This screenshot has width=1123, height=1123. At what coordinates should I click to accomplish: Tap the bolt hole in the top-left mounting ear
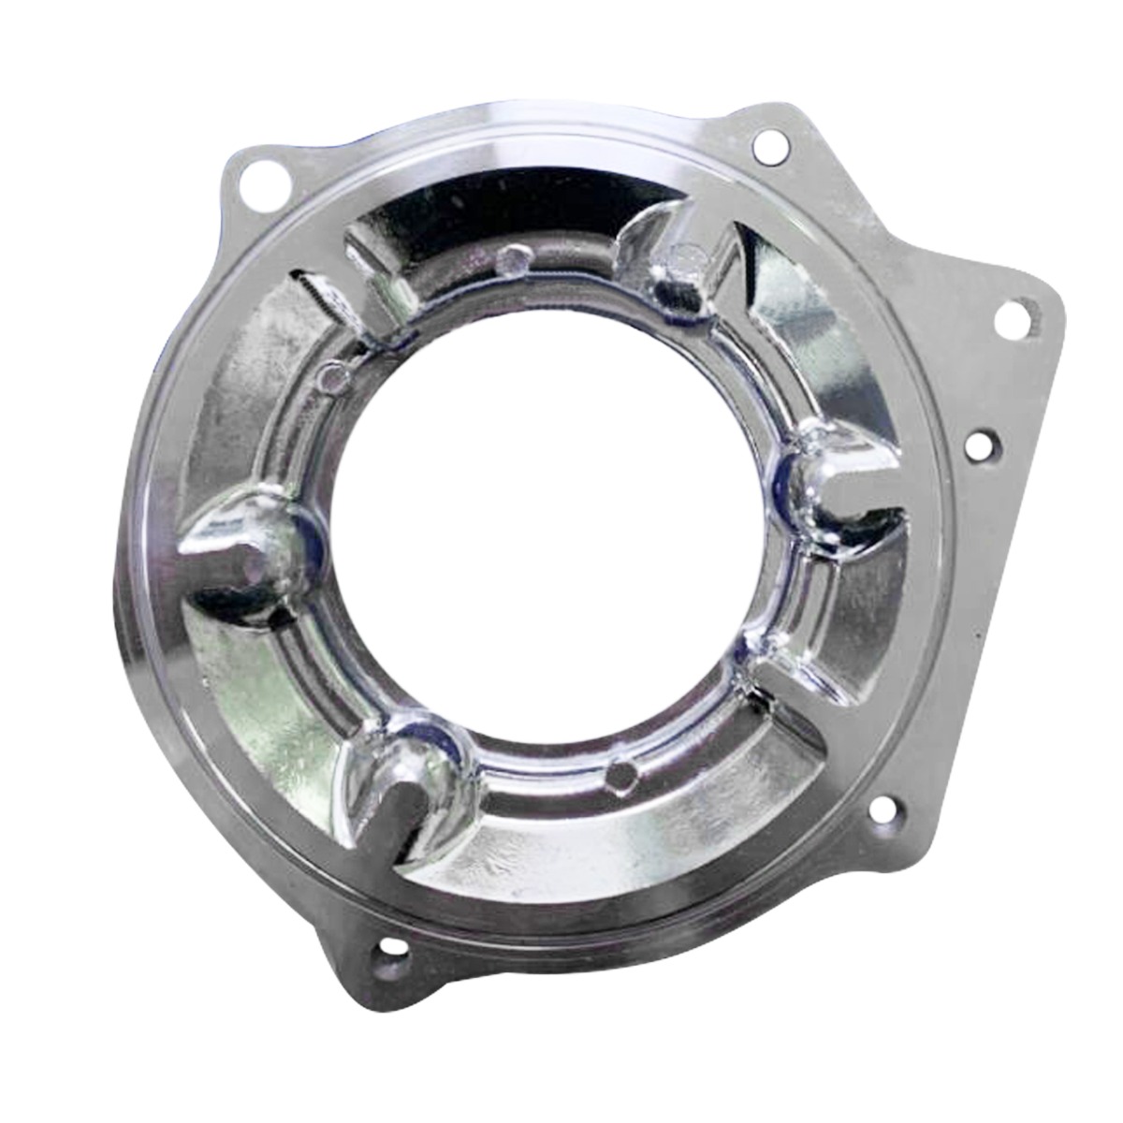tap(254, 182)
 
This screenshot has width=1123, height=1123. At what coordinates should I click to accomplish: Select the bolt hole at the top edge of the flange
tap(769, 144)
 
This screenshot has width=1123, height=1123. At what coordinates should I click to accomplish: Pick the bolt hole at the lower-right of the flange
tap(882, 809)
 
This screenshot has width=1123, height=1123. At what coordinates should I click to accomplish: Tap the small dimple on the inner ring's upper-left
tap(329, 376)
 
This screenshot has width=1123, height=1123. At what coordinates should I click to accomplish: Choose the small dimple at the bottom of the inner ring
tap(621, 772)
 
